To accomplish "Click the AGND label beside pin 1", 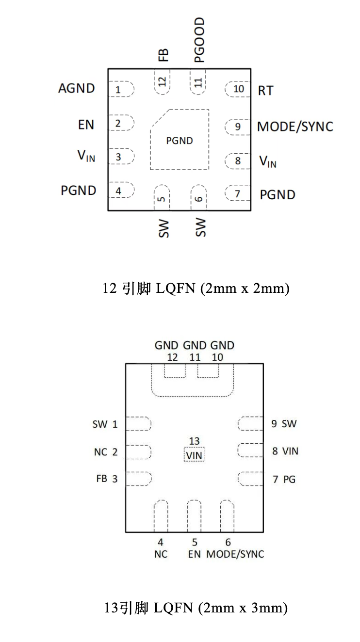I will point(76,88).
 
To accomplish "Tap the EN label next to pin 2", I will point(86,125).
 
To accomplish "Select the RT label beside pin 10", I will point(265,90).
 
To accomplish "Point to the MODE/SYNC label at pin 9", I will point(295,127).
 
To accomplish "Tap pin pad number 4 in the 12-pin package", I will point(119,191).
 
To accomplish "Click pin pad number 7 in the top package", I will point(237,194).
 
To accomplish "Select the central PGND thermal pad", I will point(180,141).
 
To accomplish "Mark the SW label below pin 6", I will point(200,227).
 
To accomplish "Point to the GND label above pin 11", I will point(195,345).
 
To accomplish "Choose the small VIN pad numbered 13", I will point(194,455).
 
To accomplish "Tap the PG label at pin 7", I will point(289,480).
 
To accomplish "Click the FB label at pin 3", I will point(101,479).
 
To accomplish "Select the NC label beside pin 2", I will point(100,452).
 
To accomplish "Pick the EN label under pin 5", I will point(194,554).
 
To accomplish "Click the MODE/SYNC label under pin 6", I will point(235,554).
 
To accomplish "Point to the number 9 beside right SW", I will point(274,424).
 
